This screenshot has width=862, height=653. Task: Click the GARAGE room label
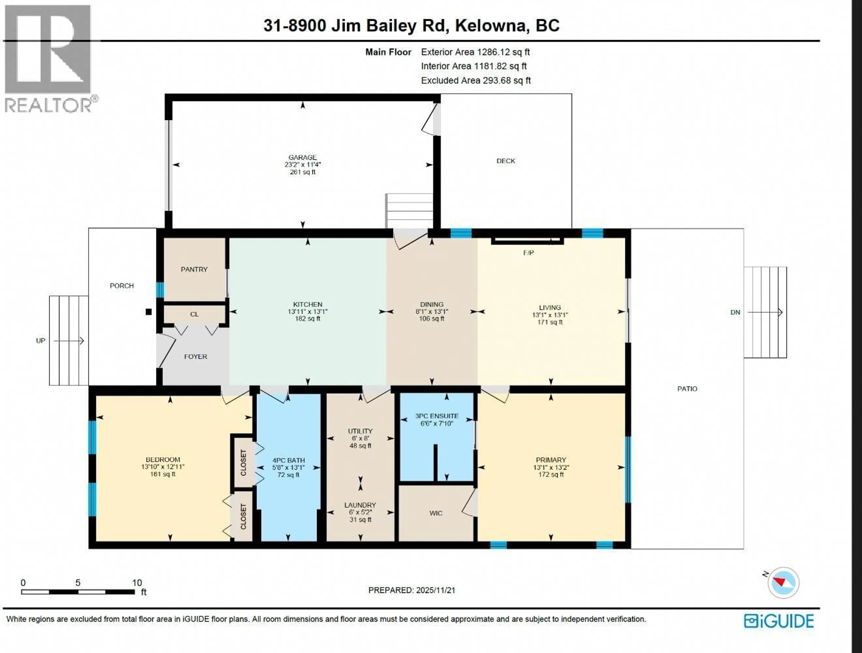point(302,157)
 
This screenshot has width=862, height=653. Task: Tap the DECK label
point(506,161)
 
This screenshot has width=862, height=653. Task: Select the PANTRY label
point(194,269)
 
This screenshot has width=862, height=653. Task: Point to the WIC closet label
point(436,513)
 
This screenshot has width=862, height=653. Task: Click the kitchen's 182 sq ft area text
point(308,318)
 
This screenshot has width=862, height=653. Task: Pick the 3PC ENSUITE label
point(436,416)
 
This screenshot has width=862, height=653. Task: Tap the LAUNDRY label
point(360,505)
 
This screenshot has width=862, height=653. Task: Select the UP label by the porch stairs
point(41,341)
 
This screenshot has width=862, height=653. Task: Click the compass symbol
point(783,583)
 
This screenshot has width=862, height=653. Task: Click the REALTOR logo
point(49,58)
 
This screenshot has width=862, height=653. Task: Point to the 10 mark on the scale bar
point(137,583)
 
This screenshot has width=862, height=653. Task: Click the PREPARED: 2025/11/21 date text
point(411,590)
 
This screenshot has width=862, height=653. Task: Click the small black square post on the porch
point(148,311)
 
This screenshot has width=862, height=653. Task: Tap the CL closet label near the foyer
point(194,314)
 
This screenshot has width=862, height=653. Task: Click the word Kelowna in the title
point(491,26)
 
